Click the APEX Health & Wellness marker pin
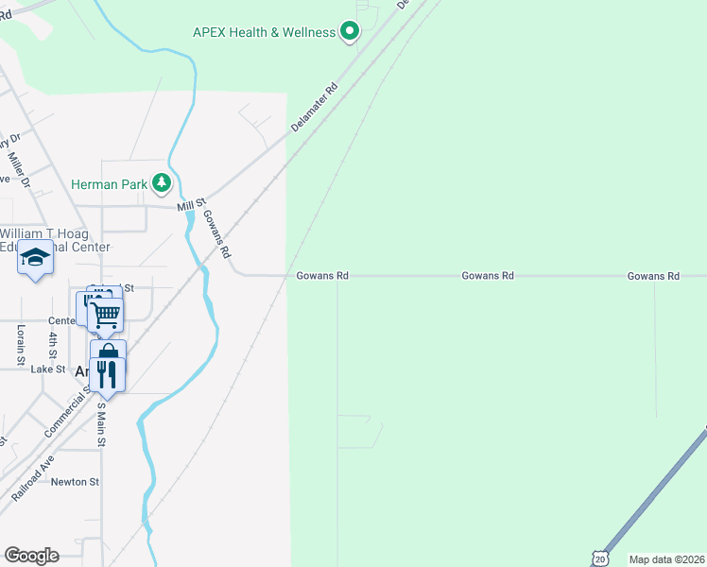click(349, 32)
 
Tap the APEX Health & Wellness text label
click(264, 32)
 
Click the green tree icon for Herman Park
click(163, 183)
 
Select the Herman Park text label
click(109, 184)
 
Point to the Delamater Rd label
click(315, 106)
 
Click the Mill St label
click(191, 206)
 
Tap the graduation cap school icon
click(35, 258)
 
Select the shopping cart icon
click(106, 315)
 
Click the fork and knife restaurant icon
click(109, 375)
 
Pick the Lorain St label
click(21, 345)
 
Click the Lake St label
click(47, 369)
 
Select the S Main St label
click(102, 424)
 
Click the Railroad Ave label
click(33, 478)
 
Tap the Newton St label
click(75, 482)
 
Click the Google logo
click(30, 556)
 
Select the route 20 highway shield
click(598, 558)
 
